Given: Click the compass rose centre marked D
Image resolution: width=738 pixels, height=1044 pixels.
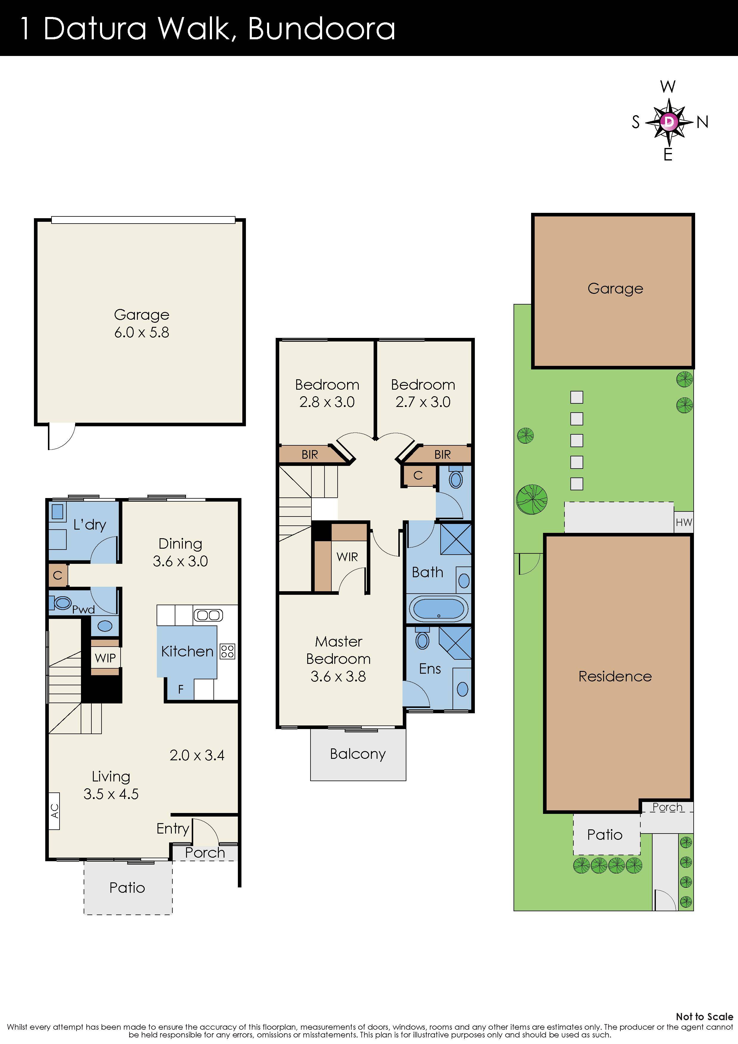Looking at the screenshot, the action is pos(668,121).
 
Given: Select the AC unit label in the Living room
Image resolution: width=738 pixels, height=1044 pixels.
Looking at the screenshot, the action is pos(54,811).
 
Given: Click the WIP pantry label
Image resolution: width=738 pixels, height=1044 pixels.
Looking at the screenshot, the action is pos(105,658).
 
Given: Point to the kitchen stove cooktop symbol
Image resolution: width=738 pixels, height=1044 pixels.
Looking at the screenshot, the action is pos(227,651).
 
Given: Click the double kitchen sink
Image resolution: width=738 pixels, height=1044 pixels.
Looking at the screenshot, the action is pos(208,616).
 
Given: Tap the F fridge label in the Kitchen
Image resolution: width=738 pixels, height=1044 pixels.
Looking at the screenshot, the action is pos(180,689).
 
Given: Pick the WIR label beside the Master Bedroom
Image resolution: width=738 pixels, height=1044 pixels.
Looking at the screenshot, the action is pos(347,557).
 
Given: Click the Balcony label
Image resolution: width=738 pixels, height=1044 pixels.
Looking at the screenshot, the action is pos(358,754).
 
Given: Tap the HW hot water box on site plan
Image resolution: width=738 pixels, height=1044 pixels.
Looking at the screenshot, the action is pos(684,522).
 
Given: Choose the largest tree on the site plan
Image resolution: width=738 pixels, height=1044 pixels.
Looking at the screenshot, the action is pos(532,499).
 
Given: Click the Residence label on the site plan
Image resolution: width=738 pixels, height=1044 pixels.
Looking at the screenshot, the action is pos(615,676).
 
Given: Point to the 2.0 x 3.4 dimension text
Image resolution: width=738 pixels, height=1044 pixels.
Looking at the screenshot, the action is pos(197,755).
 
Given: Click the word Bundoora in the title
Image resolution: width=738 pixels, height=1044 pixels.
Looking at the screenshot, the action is pos(322,28).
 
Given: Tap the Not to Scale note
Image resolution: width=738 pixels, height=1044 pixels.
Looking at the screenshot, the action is pos(704,1017).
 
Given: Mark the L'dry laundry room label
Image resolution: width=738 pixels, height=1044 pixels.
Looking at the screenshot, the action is pos(90,525).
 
